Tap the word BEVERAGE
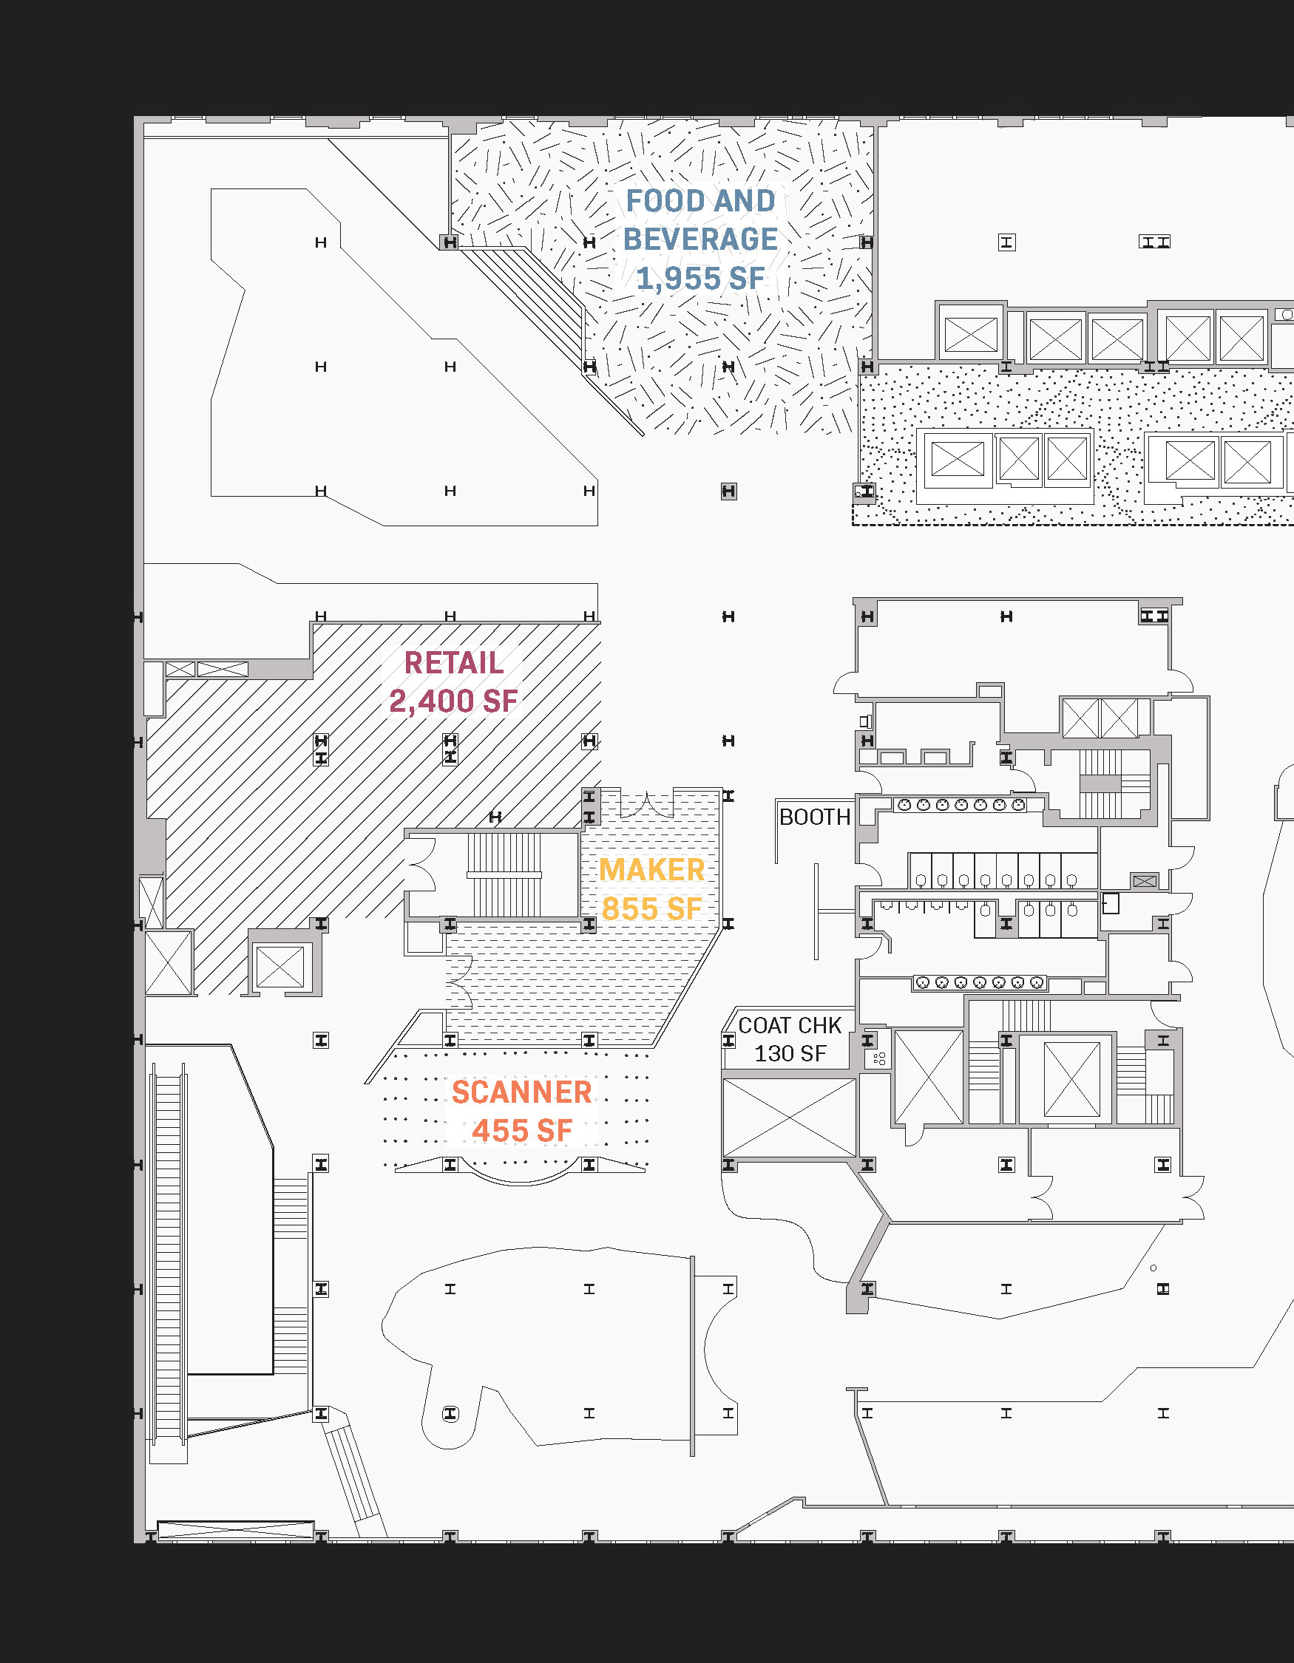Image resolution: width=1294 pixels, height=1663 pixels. pos(700,239)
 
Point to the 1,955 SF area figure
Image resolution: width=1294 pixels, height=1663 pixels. pos(700,279)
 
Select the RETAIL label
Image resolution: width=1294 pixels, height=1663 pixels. pos(453,662)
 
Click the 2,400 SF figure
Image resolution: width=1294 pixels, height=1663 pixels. pos(453,701)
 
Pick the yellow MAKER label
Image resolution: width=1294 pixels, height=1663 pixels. pos(651,870)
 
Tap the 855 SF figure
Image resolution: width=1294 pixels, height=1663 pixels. pos(651,908)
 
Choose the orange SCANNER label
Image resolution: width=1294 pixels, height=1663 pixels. pos(522,1092)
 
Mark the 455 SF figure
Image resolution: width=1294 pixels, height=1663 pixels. pos(522,1131)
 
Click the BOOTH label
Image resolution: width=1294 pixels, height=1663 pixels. pos(814,817)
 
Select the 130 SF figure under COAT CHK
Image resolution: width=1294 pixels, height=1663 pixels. pos(790,1054)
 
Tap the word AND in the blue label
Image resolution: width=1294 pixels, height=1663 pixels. pos(744,201)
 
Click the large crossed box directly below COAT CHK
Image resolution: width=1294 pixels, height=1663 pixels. pos(789,1118)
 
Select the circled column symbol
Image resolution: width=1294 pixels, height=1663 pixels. pos(450,1414)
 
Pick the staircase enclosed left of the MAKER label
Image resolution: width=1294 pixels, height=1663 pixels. pos(504,874)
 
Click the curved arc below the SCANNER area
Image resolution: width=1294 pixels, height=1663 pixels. pos(522,1180)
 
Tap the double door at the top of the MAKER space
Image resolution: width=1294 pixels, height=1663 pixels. pos(646,805)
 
